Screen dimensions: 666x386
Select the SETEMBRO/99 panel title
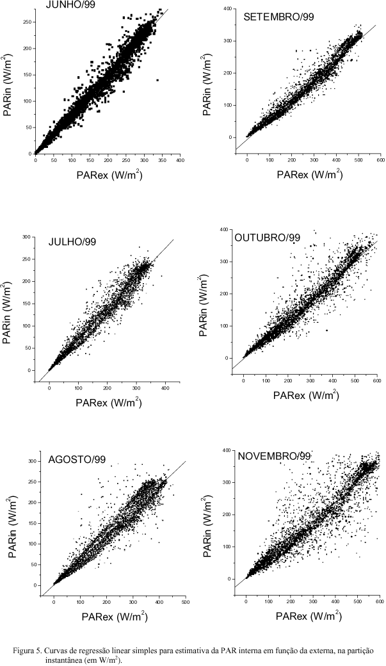pyautogui.click(x=278, y=16)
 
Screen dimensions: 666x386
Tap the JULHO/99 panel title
pyautogui.click(x=74, y=242)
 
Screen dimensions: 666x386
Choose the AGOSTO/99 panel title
pyautogui.click(x=77, y=459)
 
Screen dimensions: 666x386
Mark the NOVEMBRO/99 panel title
pyautogui.click(x=274, y=456)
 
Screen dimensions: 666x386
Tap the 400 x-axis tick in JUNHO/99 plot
pyautogui.click(x=181, y=161)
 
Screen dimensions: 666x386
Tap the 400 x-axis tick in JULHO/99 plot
pyautogui.click(x=165, y=389)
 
